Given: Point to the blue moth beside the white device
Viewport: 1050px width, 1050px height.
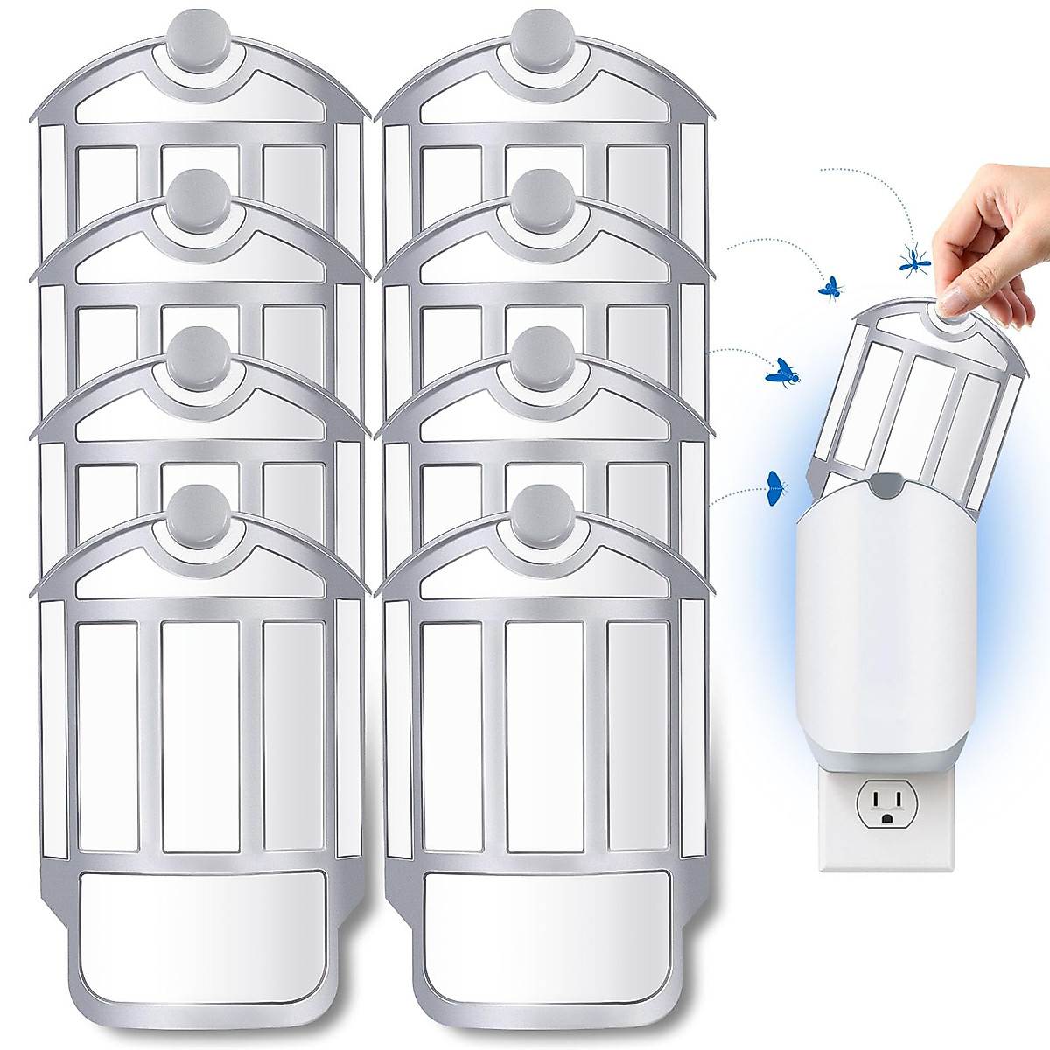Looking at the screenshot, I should (774, 487).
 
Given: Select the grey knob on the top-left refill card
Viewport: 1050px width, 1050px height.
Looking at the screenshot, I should (198, 33).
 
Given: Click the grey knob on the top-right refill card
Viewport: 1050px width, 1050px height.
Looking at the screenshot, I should (542, 33).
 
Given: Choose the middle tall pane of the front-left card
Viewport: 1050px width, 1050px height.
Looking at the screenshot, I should (200, 735).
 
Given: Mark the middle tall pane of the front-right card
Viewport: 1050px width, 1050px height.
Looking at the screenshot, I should (544, 735).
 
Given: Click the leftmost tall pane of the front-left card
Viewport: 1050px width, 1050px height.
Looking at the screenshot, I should (108, 735).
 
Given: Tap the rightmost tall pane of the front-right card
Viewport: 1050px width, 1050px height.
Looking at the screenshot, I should (639, 735).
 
